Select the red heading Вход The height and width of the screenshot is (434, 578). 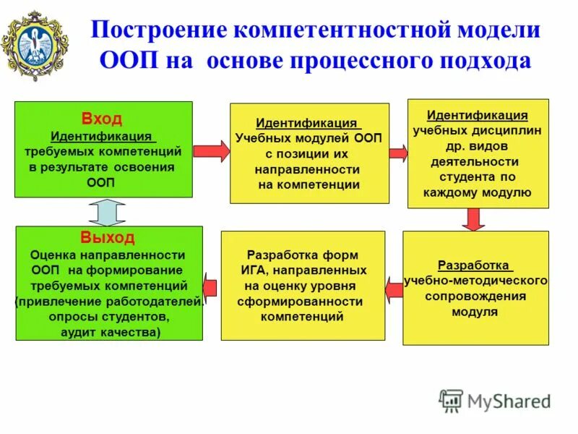(x=102, y=119)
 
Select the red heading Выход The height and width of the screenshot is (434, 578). (x=108, y=237)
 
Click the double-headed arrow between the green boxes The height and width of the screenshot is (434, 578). (x=103, y=212)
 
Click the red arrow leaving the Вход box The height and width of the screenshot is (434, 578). (x=211, y=151)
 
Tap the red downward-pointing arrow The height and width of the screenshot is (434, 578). (x=473, y=219)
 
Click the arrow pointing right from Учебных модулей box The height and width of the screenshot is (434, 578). (x=398, y=153)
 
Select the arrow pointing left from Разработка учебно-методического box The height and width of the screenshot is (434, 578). (x=394, y=289)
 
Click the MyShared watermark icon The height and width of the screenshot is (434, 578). (x=451, y=400)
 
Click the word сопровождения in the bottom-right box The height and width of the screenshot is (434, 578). (x=475, y=296)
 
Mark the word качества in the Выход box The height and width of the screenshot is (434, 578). (x=130, y=332)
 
